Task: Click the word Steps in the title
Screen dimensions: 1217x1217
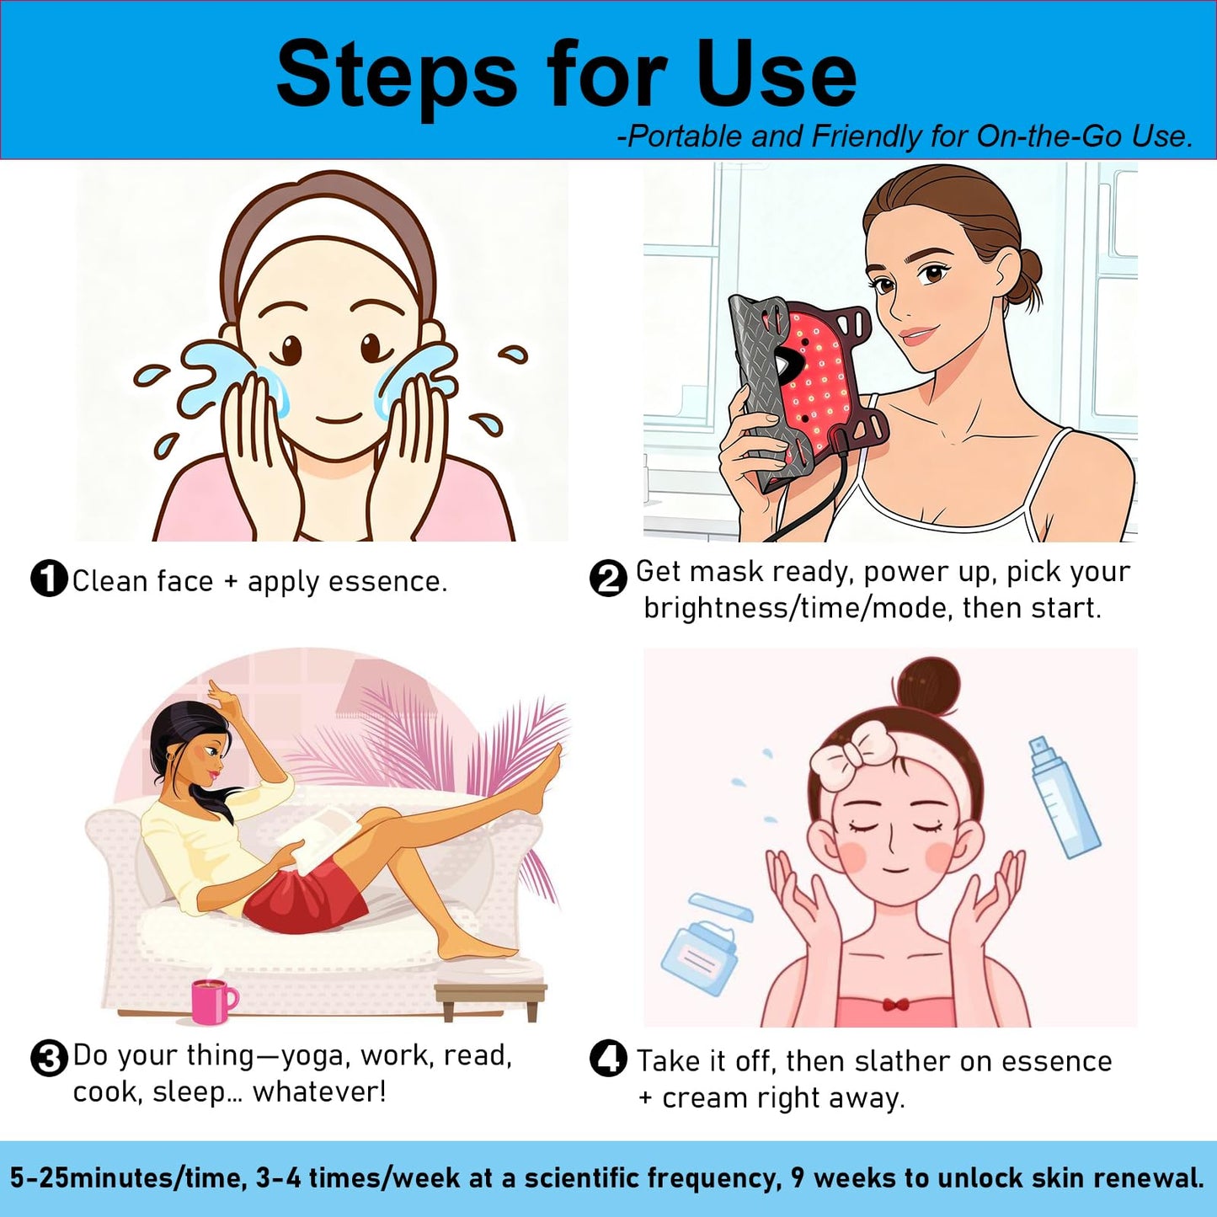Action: click(397, 77)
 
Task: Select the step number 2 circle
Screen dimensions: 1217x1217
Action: click(608, 578)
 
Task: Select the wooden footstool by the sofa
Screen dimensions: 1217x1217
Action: click(490, 997)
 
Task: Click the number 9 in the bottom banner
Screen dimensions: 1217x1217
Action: click(798, 1178)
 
